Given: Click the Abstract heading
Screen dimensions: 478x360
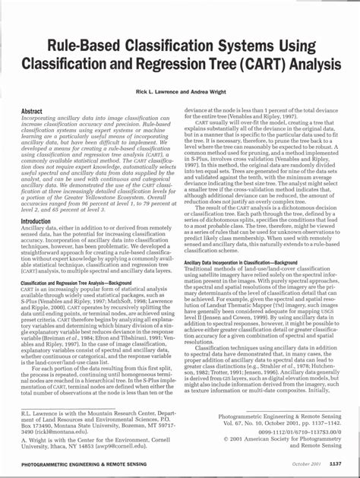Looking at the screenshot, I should pyautogui.click(x=36, y=111).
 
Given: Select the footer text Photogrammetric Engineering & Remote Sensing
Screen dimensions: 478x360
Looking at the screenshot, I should pyautogui.click(x=68, y=464).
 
